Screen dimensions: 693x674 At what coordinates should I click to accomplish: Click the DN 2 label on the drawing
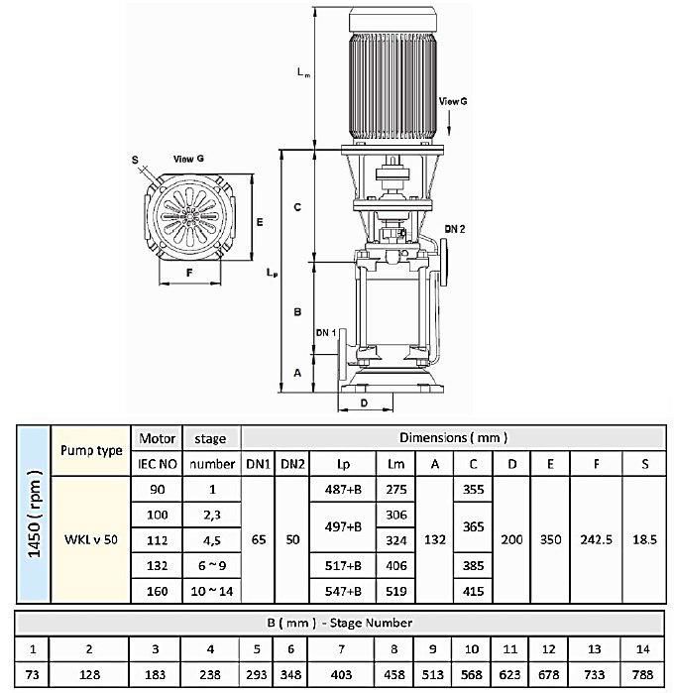coord(455,229)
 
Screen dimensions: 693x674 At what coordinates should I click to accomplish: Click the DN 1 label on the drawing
coord(326,332)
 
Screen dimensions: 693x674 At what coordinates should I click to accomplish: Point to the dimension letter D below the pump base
coord(364,403)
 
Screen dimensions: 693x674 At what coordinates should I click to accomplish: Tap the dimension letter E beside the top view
coord(259,222)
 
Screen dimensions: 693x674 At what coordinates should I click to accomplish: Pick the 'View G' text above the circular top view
coord(188,159)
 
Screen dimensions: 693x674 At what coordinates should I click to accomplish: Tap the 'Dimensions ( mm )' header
coord(453,437)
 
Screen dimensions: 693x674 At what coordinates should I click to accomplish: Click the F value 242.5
coord(596,540)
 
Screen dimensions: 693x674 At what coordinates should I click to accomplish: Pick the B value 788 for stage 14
coord(641,674)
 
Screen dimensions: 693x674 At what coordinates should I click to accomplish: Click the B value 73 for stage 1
coord(32,674)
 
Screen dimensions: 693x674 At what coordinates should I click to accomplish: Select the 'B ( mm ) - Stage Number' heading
coord(336,623)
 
